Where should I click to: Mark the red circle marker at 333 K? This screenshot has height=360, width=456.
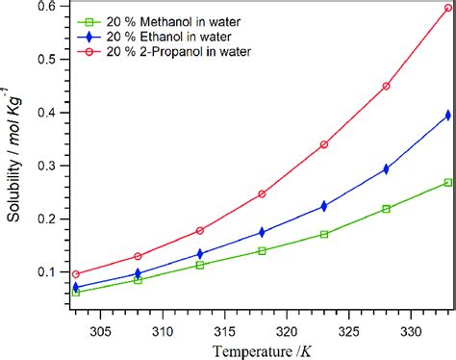pos(448,8)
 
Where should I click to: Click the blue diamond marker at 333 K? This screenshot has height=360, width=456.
pos(448,116)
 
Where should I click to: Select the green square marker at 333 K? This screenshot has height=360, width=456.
pos(448,182)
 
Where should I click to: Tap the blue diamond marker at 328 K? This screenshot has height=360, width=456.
pos(386,168)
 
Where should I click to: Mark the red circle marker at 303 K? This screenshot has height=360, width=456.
pos(76,274)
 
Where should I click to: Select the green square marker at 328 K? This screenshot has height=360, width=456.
pos(386,209)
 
